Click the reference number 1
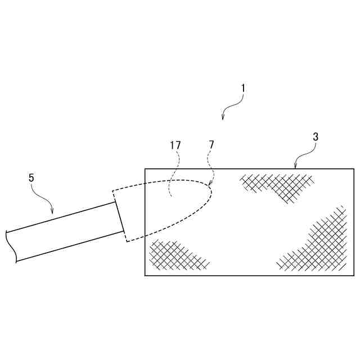[243, 88]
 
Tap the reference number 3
[316, 136]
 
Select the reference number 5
[31, 177]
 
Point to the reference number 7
[211, 145]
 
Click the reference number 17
[175, 145]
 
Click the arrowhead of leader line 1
[223, 119]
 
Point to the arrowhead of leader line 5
[52, 214]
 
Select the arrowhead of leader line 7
[209, 186]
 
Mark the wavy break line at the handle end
[11, 246]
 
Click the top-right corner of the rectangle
[354, 169]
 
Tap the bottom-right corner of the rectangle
[354, 276]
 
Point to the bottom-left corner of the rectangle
[145, 276]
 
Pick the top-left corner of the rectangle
[145, 169]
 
